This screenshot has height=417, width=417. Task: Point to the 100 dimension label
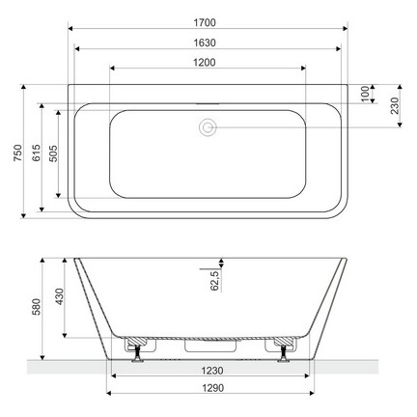[x=364, y=93]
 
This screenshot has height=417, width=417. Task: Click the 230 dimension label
[x=395, y=105]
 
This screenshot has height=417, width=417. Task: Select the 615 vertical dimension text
[x=36, y=157]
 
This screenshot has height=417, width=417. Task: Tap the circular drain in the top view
[x=208, y=125]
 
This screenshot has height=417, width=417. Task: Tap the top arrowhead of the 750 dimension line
[x=23, y=87]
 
